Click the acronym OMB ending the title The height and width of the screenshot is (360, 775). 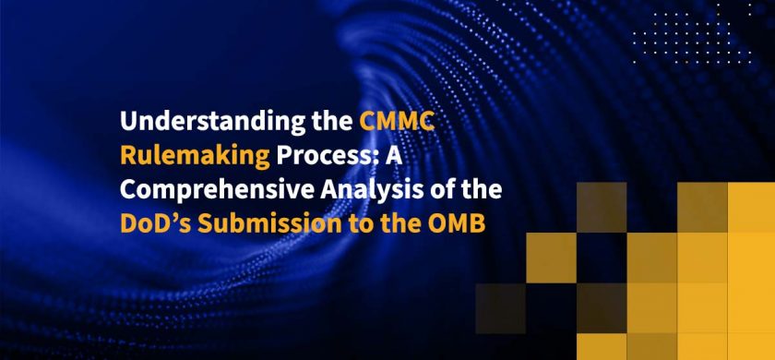click(x=452, y=222)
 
